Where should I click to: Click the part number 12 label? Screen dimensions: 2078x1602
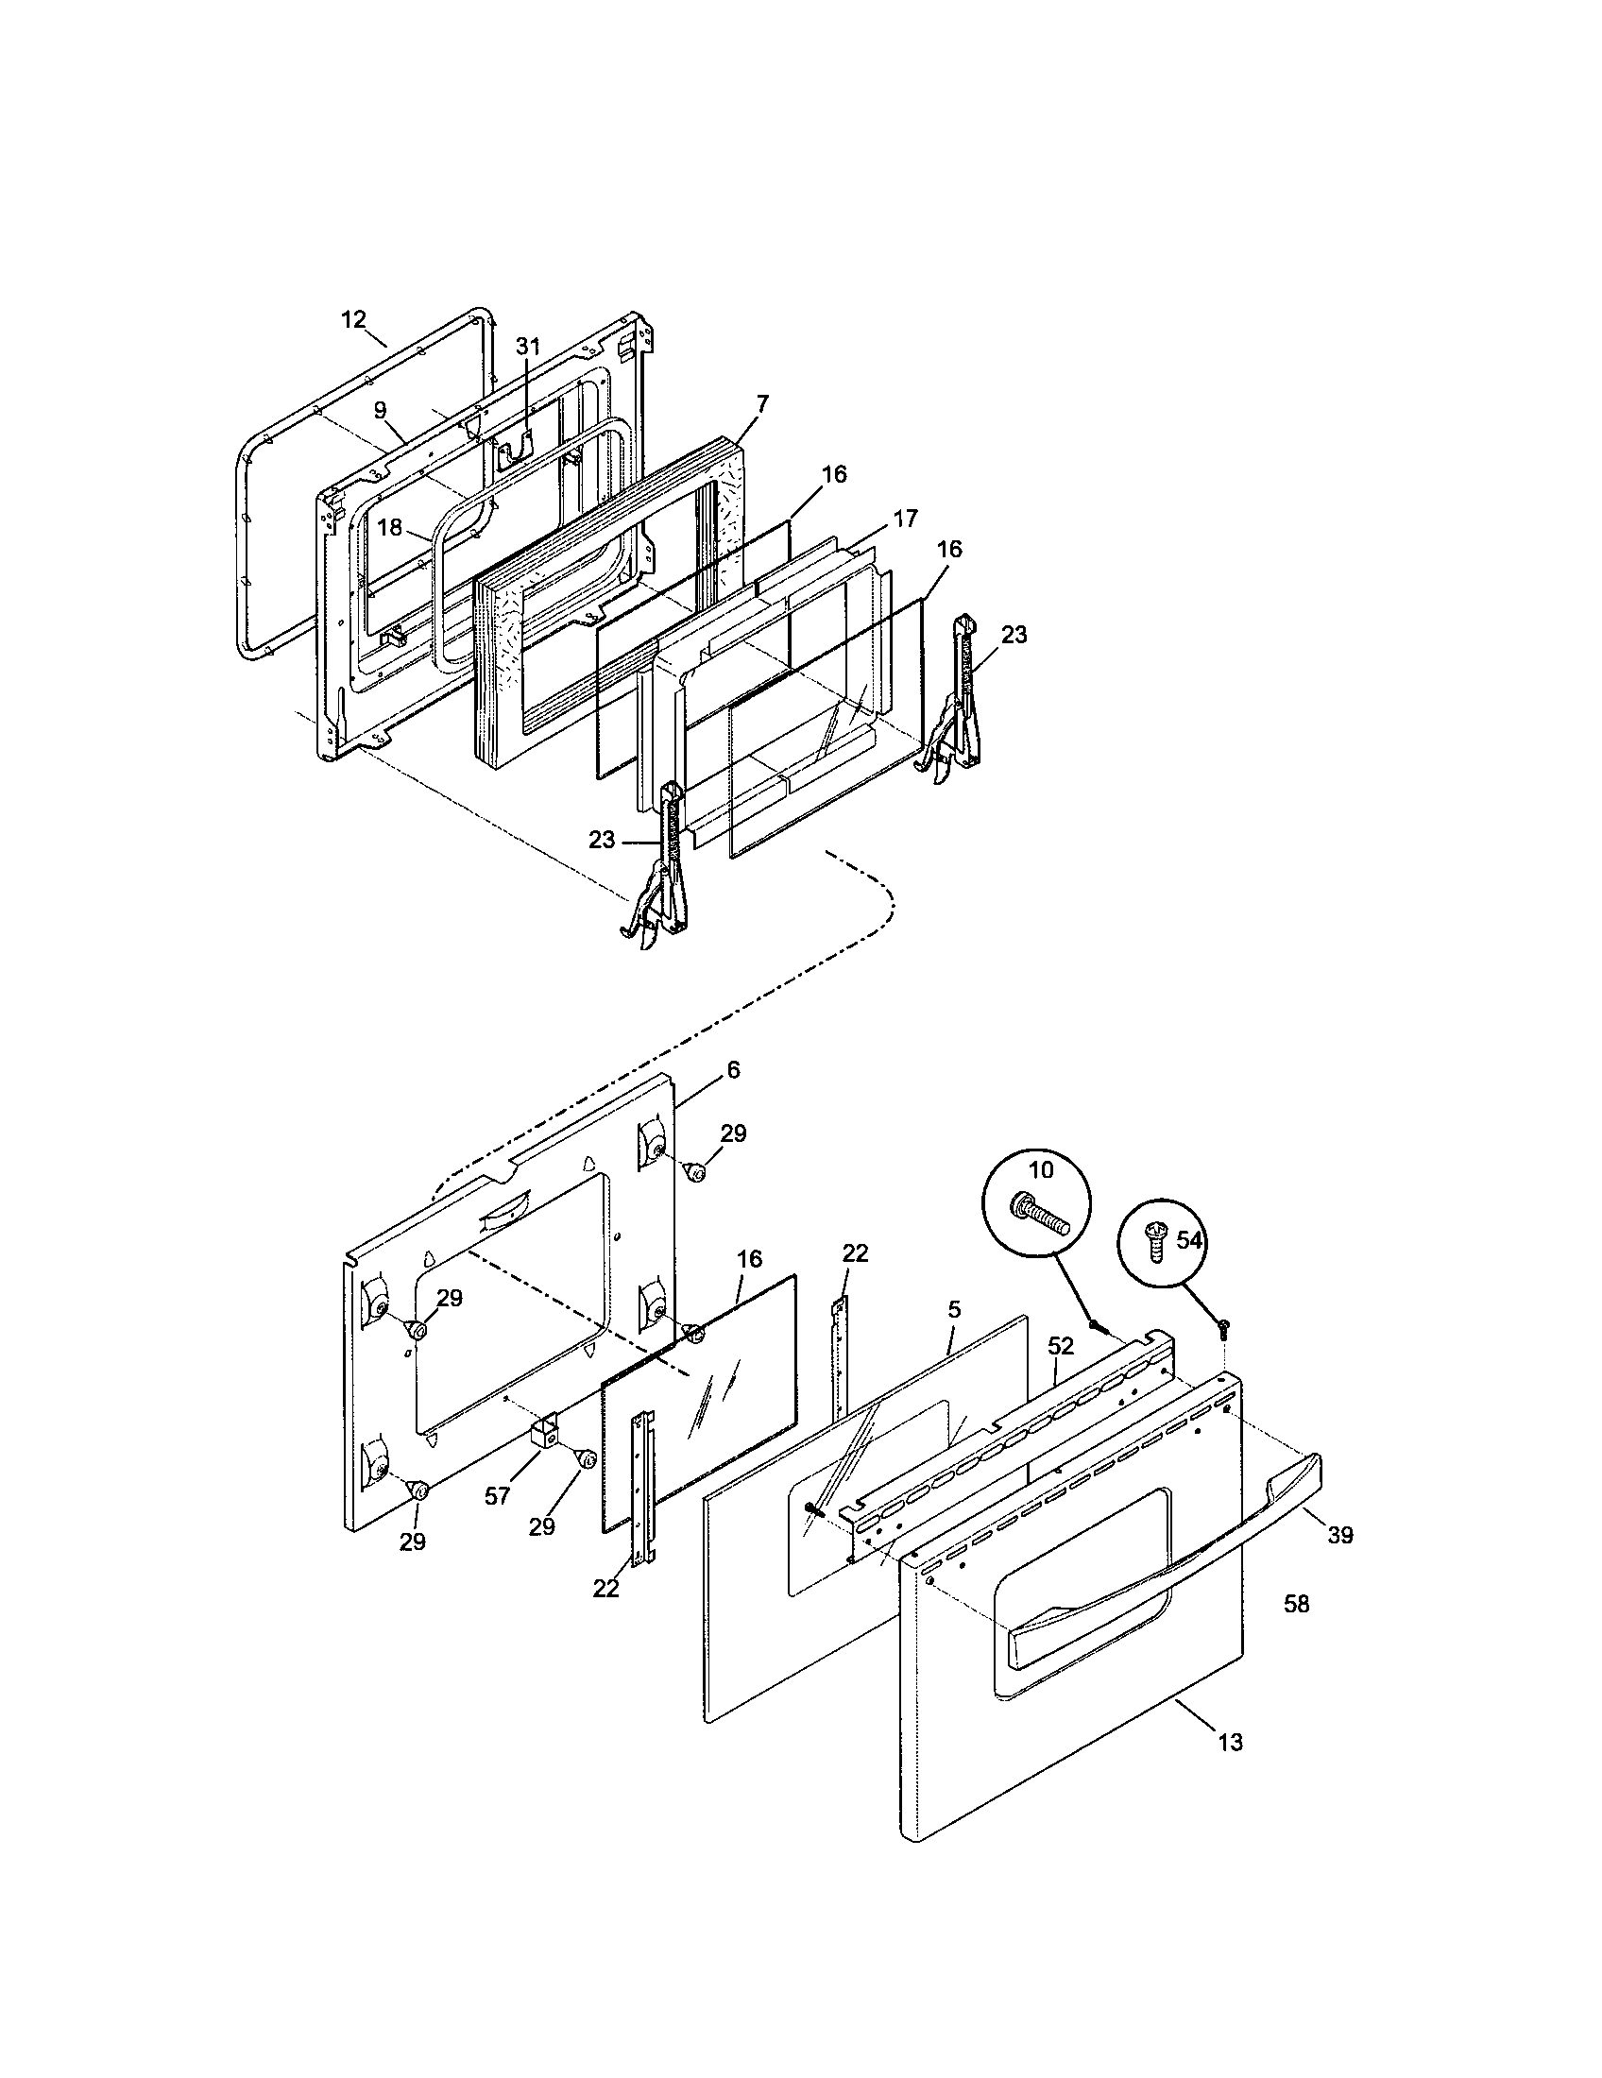[353, 319]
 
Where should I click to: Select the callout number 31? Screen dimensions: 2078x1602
[528, 348]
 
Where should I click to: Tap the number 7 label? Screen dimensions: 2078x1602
[762, 402]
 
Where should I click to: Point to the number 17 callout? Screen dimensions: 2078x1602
[906, 519]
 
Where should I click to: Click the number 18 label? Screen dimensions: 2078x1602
[390, 526]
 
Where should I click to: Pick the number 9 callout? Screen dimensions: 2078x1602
[380, 410]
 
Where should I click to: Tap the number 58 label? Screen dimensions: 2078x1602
[1297, 1604]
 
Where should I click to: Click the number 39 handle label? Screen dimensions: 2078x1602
[1339, 1535]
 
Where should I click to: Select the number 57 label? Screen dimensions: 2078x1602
[498, 1496]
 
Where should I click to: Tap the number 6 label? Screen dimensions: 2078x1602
[732, 1069]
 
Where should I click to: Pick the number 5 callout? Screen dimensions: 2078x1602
[954, 1309]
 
